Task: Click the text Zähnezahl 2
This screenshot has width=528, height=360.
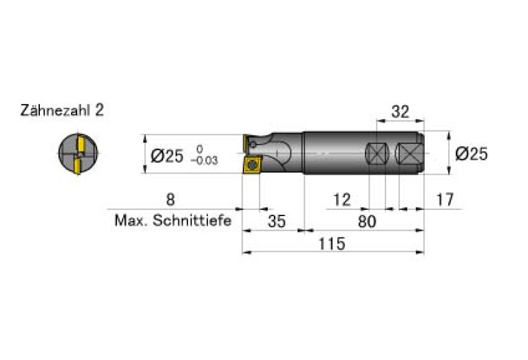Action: pyautogui.click(x=62, y=110)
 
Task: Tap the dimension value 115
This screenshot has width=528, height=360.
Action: pyautogui.click(x=332, y=244)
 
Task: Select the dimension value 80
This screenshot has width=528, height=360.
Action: pyautogui.click(x=367, y=222)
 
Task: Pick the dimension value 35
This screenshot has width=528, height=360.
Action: pyautogui.click(x=277, y=222)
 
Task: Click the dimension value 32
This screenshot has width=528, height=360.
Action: pyautogui.click(x=400, y=112)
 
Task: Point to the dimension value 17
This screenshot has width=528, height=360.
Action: pyautogui.click(x=445, y=200)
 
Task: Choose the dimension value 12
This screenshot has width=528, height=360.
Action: pyautogui.click(x=341, y=200)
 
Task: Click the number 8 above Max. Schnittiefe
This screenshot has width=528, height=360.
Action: pyautogui.click(x=171, y=200)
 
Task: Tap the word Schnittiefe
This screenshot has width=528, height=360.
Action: pyautogui.click(x=192, y=221)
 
